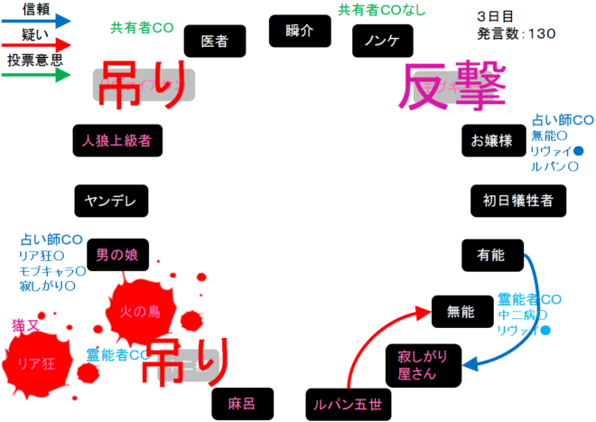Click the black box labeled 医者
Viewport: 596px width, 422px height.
215,41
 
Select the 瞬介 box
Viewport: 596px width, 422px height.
299,31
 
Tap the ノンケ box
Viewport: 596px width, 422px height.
383,40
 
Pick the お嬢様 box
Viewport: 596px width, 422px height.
491,141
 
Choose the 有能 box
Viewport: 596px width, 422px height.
492,256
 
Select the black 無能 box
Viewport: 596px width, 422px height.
460,313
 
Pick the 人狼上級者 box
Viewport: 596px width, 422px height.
116,141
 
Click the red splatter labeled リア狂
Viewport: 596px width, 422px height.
38,363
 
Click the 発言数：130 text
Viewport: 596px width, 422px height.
517,33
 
